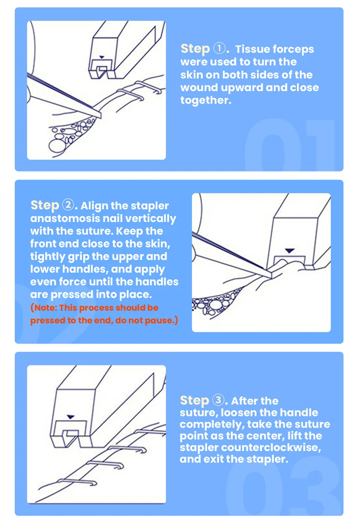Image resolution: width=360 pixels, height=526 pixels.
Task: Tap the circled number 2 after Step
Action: point(68,205)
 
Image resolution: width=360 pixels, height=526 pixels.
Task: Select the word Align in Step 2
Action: point(94,206)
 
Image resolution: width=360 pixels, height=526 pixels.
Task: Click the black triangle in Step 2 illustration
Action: point(288,250)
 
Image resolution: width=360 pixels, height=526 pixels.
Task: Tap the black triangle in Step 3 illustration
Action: point(72,416)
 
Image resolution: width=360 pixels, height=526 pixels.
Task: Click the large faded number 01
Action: point(288,144)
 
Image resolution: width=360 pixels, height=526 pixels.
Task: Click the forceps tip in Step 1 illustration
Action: point(102,115)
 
